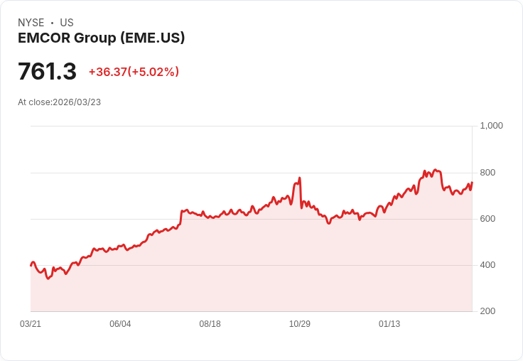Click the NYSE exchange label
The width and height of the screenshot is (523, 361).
pos(31,23)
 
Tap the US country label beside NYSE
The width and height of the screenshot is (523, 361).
pos(67,23)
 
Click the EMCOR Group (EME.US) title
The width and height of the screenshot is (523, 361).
pos(101,38)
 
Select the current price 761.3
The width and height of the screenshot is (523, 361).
pos(47,72)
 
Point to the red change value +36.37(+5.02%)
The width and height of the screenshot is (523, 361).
pos(134,72)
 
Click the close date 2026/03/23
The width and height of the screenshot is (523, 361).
pos(77,102)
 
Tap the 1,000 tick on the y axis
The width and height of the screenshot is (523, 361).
pos(491,126)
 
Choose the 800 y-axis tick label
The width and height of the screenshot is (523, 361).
pos(487,173)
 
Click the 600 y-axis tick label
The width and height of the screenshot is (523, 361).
pos(487,219)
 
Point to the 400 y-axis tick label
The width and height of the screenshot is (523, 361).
pos(487,265)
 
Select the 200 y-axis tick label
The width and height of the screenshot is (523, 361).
pos(487,311)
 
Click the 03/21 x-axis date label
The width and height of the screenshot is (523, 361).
pos(31,324)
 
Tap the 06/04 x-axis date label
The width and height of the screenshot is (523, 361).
pos(120,324)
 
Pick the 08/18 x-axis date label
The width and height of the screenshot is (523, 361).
pos(210,324)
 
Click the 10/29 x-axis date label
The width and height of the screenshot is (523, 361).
pos(299,324)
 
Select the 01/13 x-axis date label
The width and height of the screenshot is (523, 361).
pos(389,324)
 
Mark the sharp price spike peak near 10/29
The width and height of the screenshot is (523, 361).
pos(300,178)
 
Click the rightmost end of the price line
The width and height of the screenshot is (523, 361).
pos(472,183)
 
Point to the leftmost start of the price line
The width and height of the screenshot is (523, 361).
pos(31,265)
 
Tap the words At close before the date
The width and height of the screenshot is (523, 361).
pos(35,102)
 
